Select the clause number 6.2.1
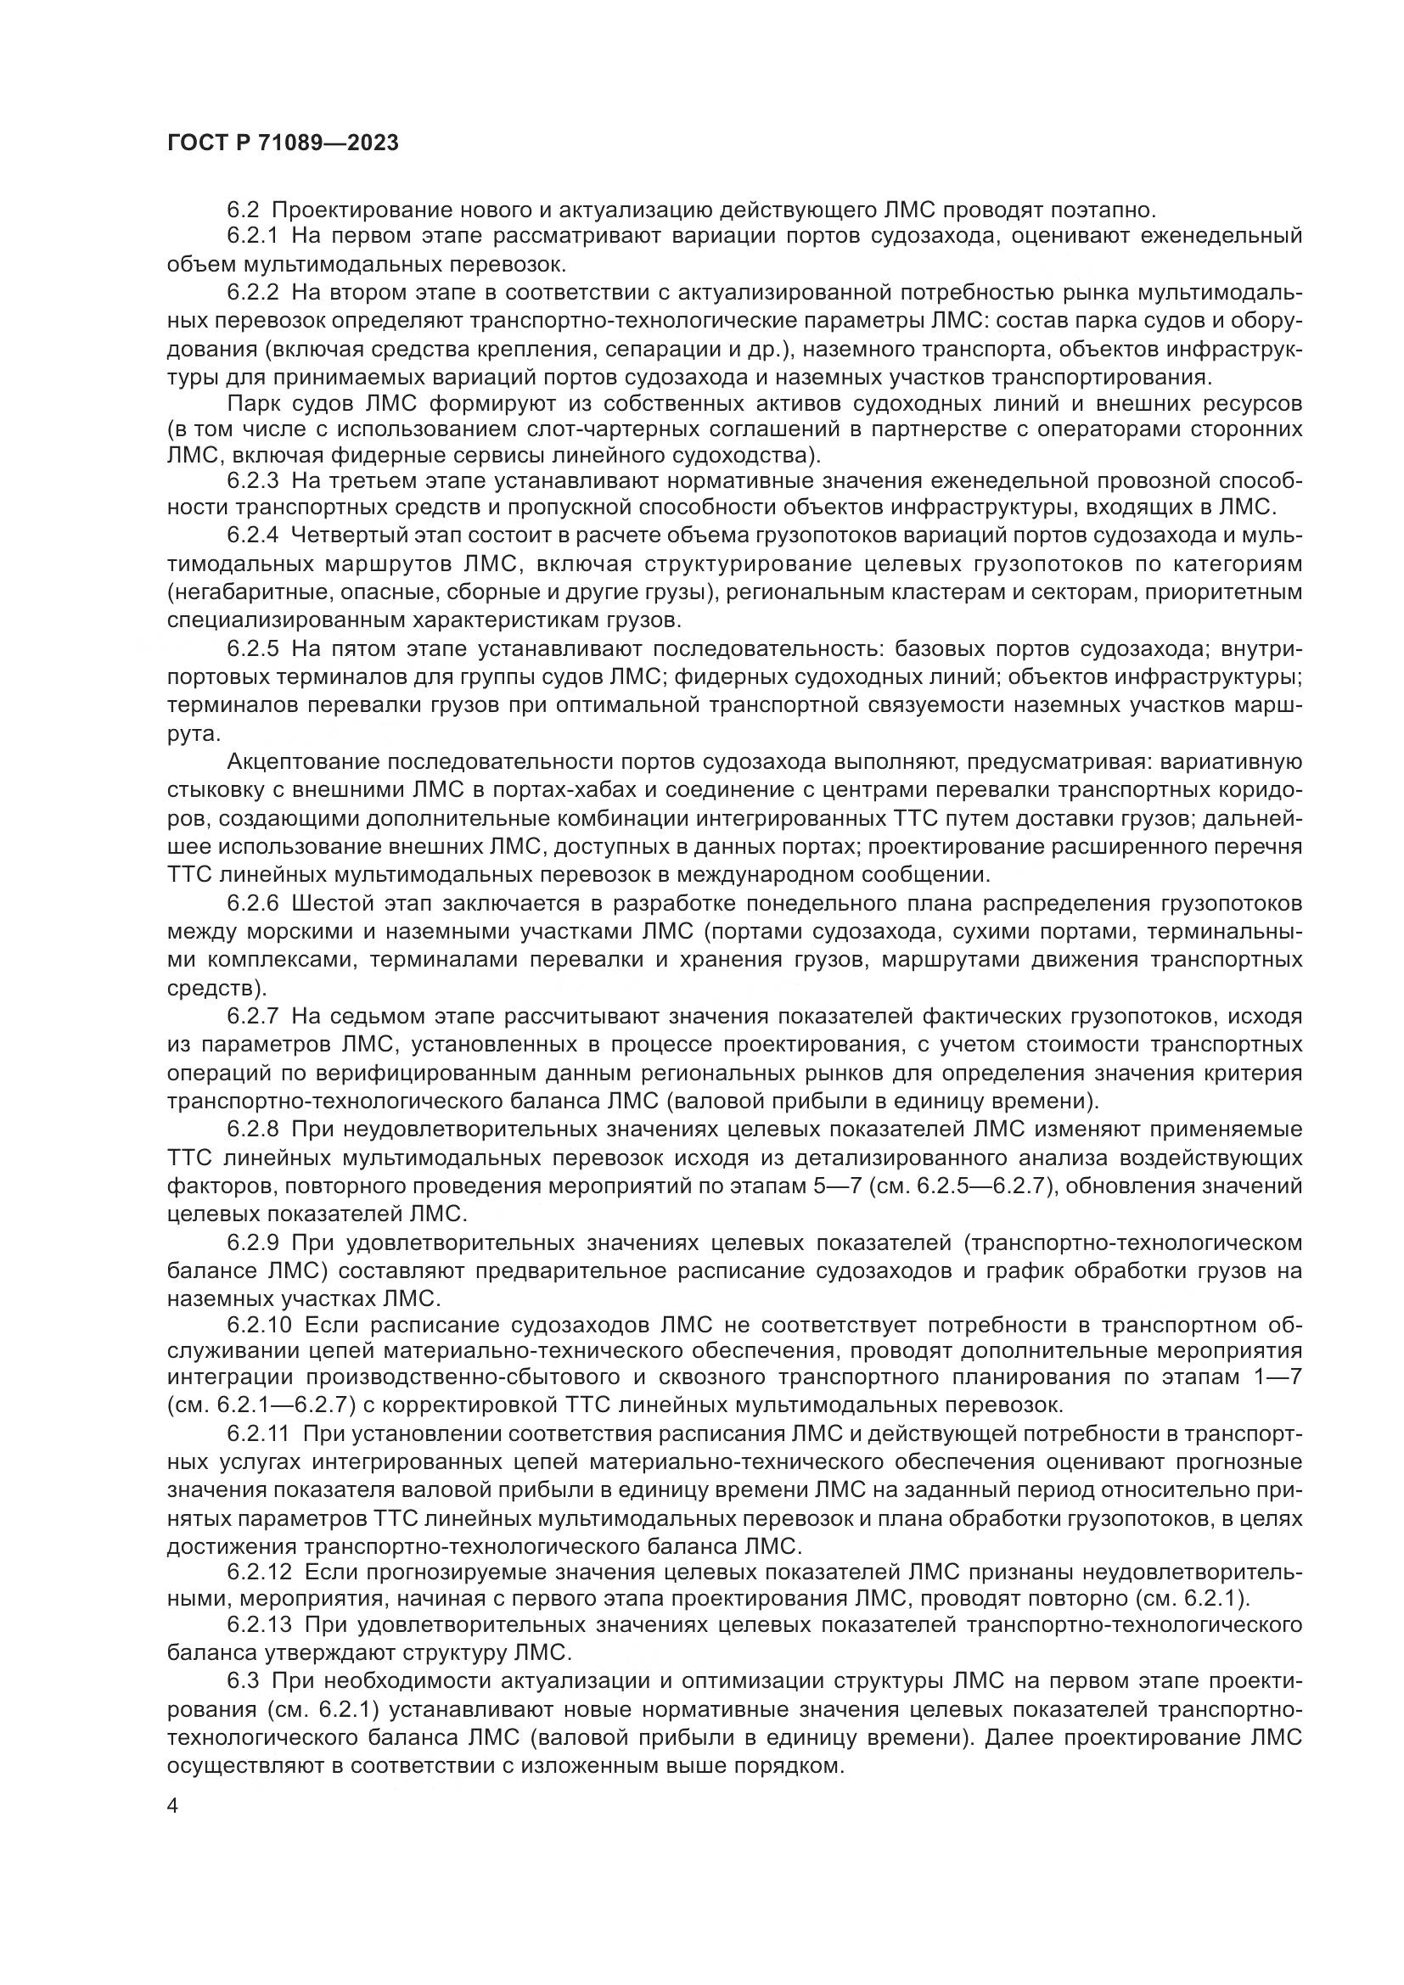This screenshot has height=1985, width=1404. (x=252, y=236)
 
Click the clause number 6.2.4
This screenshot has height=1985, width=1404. (x=252, y=536)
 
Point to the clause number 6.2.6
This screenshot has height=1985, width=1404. (x=252, y=904)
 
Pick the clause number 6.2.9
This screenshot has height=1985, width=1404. (x=252, y=1243)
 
